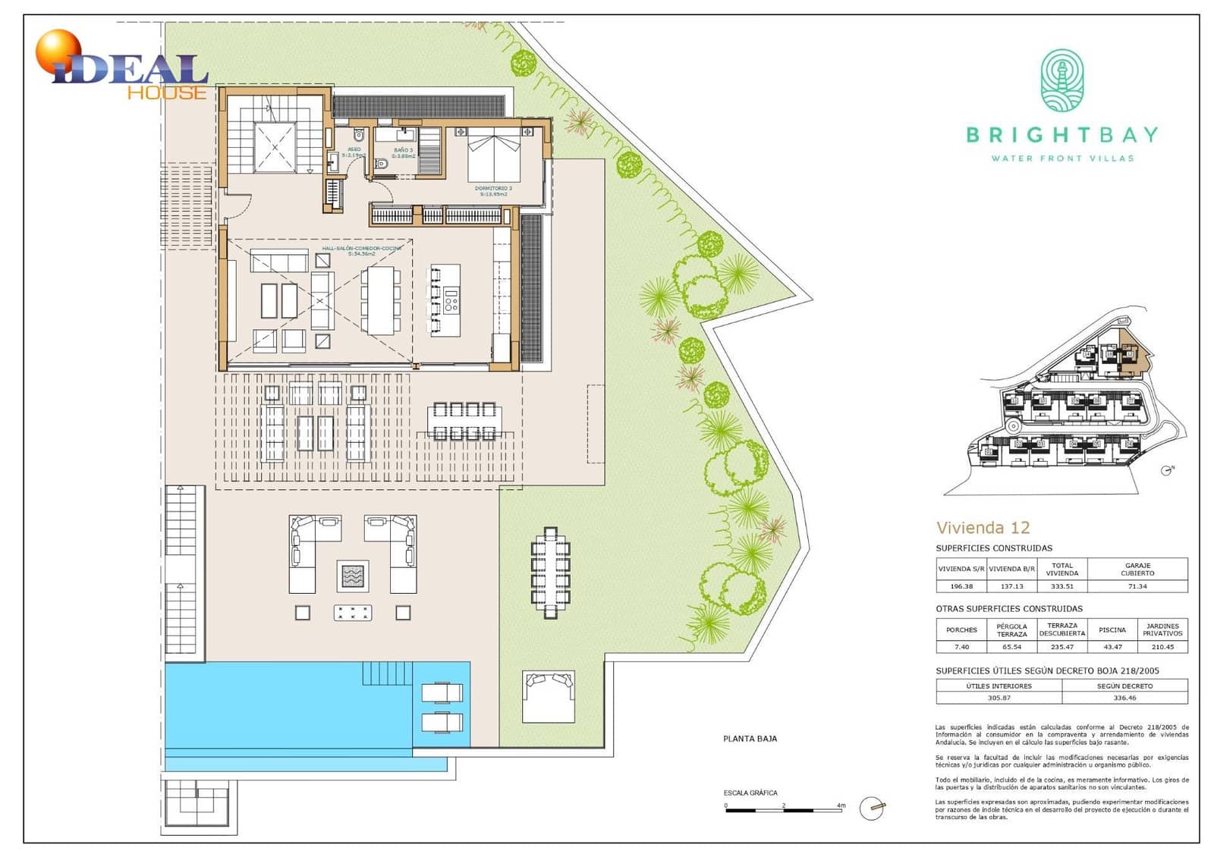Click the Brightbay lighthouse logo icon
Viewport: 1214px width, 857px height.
click(x=1061, y=81)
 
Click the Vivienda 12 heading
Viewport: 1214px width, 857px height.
click(x=983, y=528)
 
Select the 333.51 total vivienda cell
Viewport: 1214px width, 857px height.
click(x=1061, y=586)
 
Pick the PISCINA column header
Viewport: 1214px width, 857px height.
click(x=1112, y=629)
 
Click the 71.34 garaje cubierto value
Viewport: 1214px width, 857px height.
click(x=1137, y=586)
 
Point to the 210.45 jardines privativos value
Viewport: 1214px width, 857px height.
click(x=1162, y=647)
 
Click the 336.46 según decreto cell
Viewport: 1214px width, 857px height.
click(x=1124, y=698)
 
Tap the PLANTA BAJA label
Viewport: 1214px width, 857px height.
click(x=750, y=739)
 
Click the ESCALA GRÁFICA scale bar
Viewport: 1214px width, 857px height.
click(x=784, y=810)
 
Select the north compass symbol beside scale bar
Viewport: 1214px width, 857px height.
click(x=872, y=808)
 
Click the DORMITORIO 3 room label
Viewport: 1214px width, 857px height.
click(x=493, y=188)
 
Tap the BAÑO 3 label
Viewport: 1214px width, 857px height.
click(x=404, y=150)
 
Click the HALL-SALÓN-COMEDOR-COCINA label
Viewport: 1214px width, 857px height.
click(x=361, y=248)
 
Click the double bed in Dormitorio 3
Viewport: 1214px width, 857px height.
click(x=493, y=155)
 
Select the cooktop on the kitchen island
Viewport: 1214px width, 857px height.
click(x=451, y=301)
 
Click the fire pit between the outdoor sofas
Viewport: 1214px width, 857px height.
click(x=353, y=576)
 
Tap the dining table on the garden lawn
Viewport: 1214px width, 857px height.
click(x=550, y=573)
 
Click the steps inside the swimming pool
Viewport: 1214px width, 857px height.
click(x=386, y=673)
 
